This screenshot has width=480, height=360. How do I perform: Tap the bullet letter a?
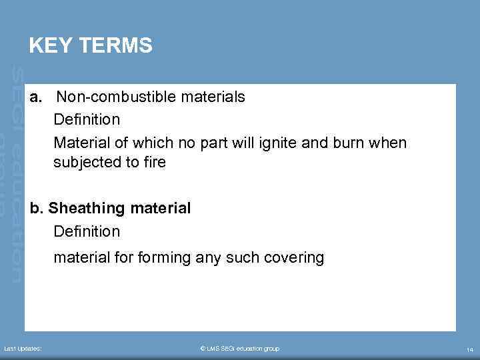pos(36,97)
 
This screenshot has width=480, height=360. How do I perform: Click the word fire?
pos(153,162)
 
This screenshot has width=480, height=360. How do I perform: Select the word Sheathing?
pos(87,209)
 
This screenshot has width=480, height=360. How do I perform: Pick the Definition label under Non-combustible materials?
pos(87,121)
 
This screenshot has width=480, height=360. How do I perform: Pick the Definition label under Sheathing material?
pos(87,232)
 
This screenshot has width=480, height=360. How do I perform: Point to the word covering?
pos(293,257)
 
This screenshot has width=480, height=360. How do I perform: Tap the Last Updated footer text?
pos(23,349)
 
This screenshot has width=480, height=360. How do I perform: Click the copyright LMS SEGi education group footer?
pos(240,349)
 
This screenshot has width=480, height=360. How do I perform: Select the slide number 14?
pos(469,349)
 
